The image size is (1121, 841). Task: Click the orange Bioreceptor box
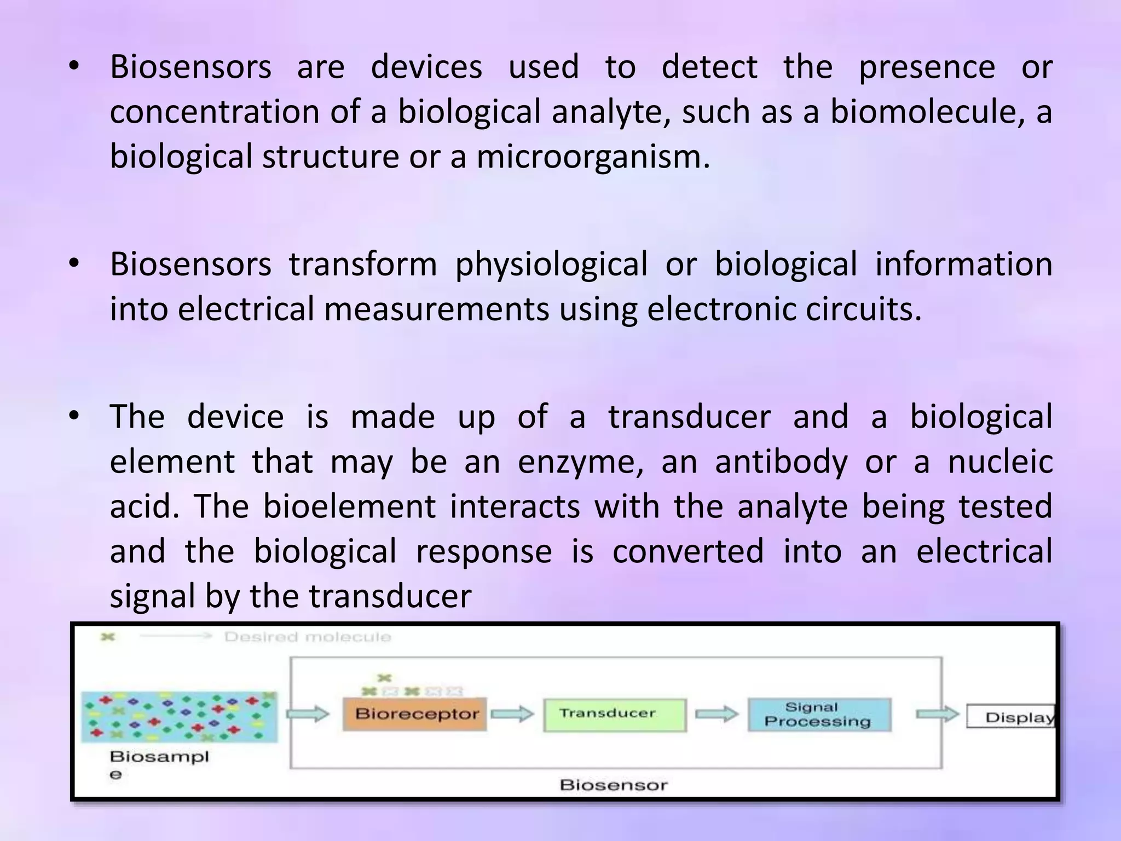pyautogui.click(x=414, y=714)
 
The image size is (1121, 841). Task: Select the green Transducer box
pyautogui.click(x=614, y=714)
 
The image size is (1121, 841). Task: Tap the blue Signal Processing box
pyautogui.click(x=818, y=715)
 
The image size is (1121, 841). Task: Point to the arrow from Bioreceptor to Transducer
pyautogui.click(x=512, y=713)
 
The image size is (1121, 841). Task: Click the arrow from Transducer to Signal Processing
pyautogui.click(x=716, y=714)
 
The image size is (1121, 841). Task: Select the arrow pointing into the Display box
pyautogui.click(x=937, y=714)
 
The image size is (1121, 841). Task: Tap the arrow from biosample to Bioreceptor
pyautogui.click(x=308, y=713)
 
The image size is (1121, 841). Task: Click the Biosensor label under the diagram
pyautogui.click(x=613, y=785)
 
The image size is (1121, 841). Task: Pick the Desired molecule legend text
pyautogui.click(x=308, y=637)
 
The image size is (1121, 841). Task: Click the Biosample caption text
pyautogui.click(x=159, y=758)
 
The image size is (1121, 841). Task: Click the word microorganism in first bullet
pyautogui.click(x=593, y=157)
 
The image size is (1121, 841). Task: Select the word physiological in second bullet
pyautogui.click(x=551, y=264)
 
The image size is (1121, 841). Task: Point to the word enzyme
pyautogui.click(x=580, y=462)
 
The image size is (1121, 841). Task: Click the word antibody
pyautogui.click(x=781, y=462)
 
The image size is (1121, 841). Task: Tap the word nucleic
pyautogui.click(x=1000, y=461)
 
